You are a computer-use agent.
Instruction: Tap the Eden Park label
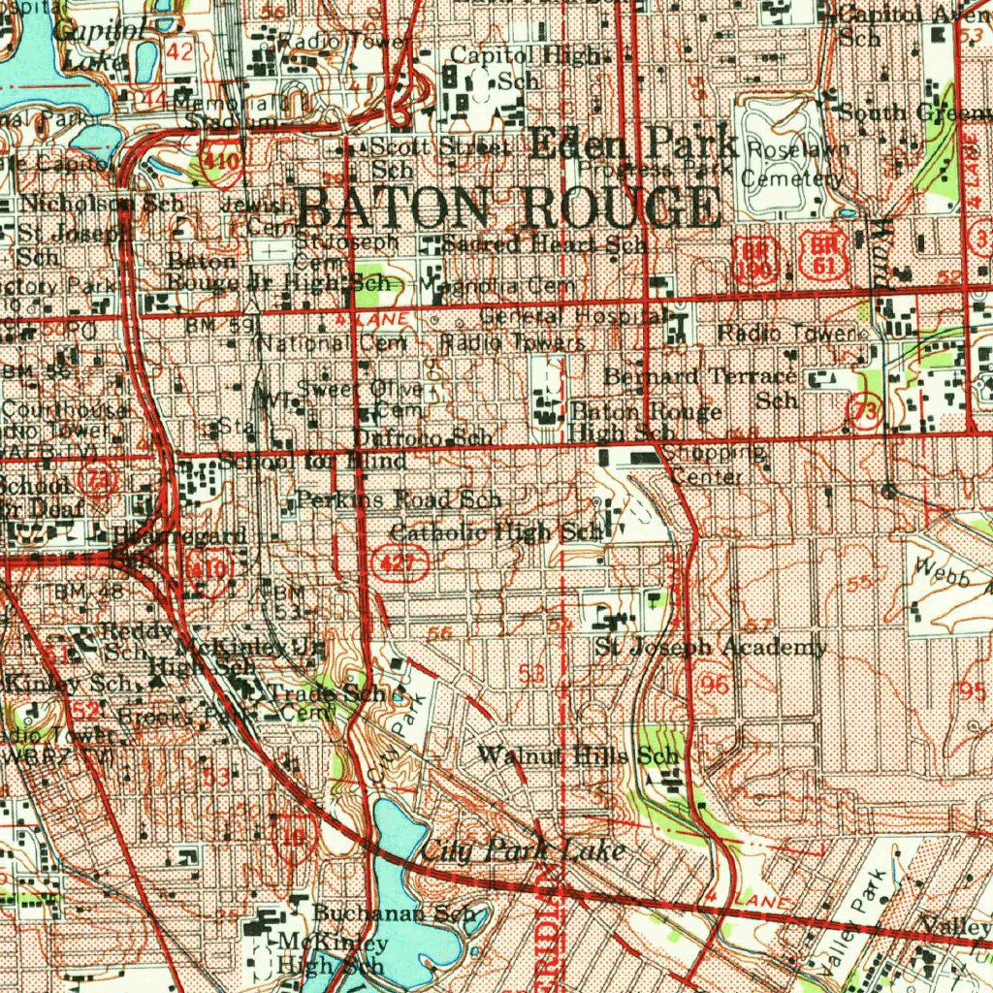pos(635,145)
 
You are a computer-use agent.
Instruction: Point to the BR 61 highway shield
pos(823,253)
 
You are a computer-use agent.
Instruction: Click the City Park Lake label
pos(523,851)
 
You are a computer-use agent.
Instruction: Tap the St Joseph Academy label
pos(710,647)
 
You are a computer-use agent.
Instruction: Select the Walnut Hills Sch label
pos(579,755)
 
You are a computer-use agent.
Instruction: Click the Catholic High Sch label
pos(496,532)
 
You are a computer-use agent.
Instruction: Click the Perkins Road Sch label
pos(399,500)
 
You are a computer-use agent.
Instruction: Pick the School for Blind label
pos(311,462)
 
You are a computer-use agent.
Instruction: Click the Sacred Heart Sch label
pos(545,244)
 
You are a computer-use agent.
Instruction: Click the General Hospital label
pos(572,316)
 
